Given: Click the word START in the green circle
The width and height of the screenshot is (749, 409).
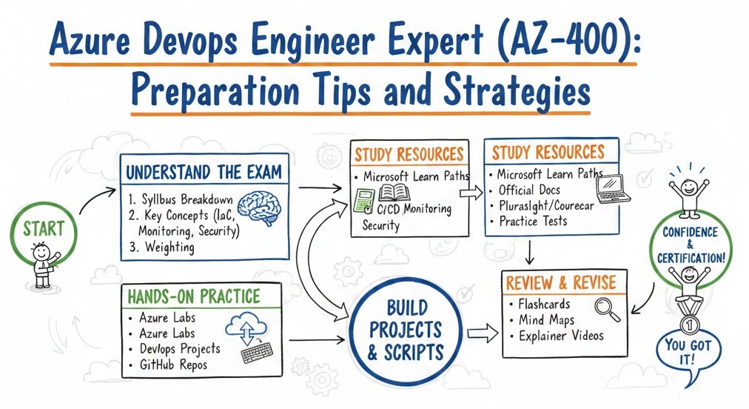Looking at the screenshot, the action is click(44, 229).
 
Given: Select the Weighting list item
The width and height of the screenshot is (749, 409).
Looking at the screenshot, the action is click(162, 247).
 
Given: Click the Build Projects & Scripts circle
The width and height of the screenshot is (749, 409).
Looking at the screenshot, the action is click(406, 330).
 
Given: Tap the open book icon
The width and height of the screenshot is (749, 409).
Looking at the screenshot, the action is click(394, 193).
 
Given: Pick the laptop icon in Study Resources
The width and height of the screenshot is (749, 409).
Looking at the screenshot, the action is click(614, 190).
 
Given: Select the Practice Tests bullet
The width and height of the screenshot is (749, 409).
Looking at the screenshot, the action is click(528, 221).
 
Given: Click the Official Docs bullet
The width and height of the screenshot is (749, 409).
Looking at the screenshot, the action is click(525, 190).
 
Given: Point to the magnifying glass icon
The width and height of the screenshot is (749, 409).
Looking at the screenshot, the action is click(608, 309).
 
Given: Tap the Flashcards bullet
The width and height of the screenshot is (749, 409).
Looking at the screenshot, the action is click(540, 304).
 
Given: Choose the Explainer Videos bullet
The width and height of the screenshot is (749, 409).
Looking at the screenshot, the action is click(557, 336).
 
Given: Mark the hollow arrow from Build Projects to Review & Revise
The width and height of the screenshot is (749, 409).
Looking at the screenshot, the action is click(483, 333).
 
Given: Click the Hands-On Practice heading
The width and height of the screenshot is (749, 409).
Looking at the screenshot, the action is click(194, 296).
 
